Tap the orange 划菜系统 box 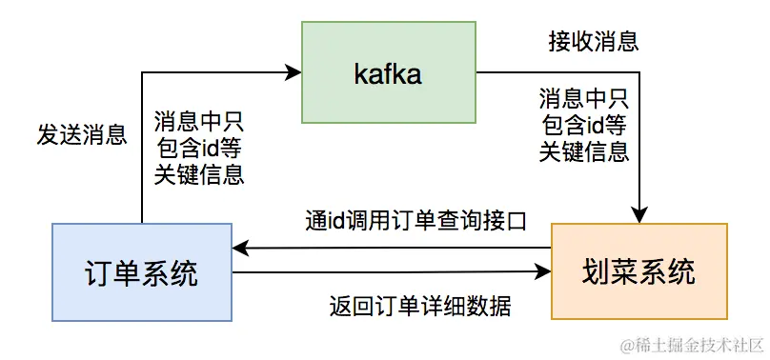[638, 271]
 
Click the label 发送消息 [82, 133]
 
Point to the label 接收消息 [593, 42]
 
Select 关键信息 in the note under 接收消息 [583, 151]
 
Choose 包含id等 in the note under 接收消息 [583, 125]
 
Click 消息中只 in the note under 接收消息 [583, 98]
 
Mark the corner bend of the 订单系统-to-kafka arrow [142, 70]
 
